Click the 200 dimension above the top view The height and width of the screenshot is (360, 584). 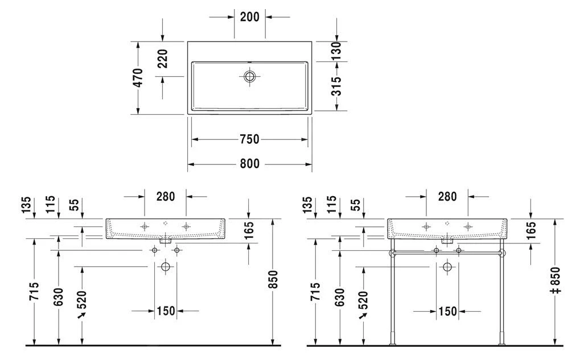(249, 17)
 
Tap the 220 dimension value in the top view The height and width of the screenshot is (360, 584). (163, 59)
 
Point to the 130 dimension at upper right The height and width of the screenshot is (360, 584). (336, 51)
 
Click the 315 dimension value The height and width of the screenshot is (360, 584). (336, 86)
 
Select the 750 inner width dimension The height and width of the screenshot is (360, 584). (249, 139)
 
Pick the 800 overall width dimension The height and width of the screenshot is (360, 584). (249, 164)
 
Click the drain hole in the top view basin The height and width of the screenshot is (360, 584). (250, 76)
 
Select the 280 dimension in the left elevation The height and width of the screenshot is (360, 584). (165, 197)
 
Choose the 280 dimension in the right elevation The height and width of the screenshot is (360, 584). (447, 197)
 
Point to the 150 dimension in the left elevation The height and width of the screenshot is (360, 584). (166, 311)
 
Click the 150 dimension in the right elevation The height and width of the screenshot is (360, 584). (448, 311)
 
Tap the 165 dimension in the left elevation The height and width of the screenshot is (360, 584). (249, 230)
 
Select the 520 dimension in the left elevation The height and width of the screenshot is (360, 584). (83, 301)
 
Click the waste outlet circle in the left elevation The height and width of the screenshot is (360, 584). (166, 266)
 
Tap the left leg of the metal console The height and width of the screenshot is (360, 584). (392, 296)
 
